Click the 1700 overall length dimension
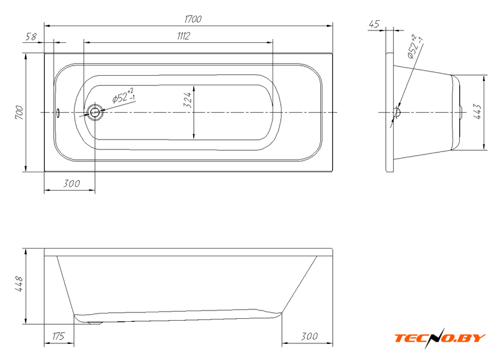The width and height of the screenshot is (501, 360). click(193, 19)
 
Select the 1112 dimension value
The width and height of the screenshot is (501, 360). click(184, 36)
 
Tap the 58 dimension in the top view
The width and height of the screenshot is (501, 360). click(31, 37)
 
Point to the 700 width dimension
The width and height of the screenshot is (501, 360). click(19, 113)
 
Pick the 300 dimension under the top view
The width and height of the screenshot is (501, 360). click(71, 184)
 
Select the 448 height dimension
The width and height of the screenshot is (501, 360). click(19, 284)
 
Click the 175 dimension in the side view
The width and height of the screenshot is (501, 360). click(58, 336)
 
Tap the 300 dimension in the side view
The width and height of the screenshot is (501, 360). click(309, 336)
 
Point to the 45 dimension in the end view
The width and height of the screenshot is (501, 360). click(374, 24)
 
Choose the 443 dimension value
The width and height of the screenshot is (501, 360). click(477, 111)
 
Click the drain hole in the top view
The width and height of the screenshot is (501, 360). click(95, 112)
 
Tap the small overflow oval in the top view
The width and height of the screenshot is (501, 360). click(58, 113)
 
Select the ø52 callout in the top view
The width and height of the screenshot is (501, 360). click(123, 95)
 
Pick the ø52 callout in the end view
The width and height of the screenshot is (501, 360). click(415, 46)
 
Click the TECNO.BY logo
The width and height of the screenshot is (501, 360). click(440, 338)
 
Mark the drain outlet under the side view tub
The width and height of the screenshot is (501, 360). click(94, 322)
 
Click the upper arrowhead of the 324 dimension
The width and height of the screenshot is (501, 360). click(194, 88)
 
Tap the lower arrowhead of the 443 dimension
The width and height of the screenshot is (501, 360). click(485, 147)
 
